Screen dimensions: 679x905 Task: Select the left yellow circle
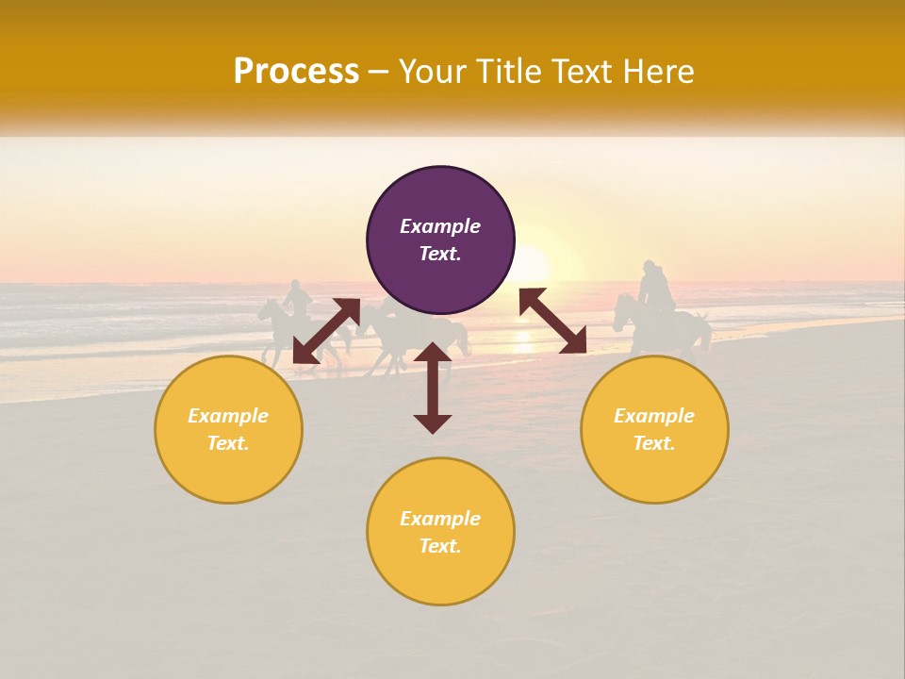coord(228,429)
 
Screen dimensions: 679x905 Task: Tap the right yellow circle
coord(654,429)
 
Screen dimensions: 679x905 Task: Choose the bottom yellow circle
coord(440,532)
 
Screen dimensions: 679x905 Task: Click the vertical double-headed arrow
coord(433,388)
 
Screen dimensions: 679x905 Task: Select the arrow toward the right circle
coord(552,321)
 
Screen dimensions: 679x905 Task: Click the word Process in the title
coord(296,72)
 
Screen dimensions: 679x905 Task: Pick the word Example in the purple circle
coord(440,226)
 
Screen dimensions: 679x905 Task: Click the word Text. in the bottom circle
coord(440,546)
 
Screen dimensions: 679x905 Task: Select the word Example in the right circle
coord(654,416)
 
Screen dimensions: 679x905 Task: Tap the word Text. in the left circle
coord(228,443)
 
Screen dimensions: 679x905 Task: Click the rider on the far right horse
coord(654,289)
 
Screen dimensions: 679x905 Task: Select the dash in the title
coord(379,72)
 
